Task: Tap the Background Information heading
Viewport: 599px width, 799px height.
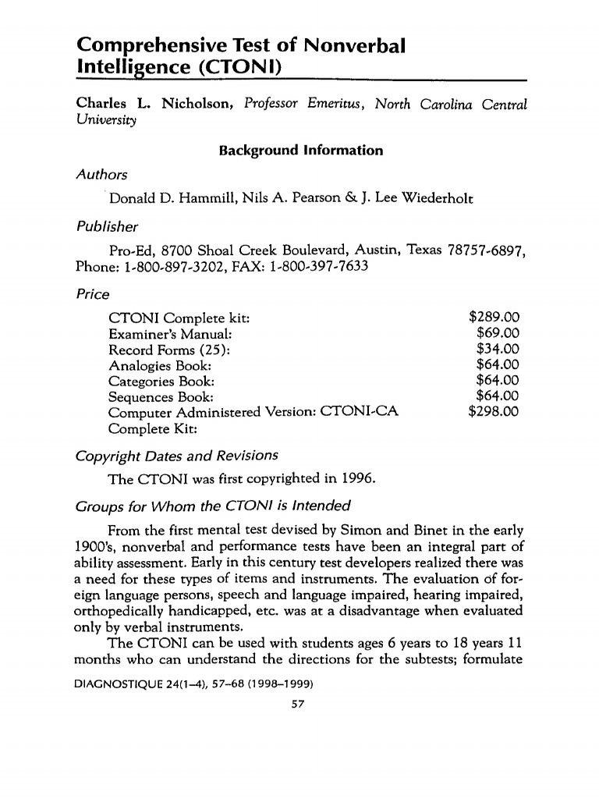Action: pos(300,150)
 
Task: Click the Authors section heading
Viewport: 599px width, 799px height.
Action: pos(101,175)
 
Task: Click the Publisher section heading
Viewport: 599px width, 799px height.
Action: pos(107,227)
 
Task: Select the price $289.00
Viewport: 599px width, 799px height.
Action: pos(493,318)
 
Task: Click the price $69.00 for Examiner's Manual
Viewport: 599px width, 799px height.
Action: pos(497,333)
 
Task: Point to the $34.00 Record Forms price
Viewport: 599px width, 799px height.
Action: pos(497,349)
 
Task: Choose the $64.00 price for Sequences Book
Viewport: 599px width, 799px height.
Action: pos(497,396)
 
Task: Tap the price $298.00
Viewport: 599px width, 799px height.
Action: pos(493,412)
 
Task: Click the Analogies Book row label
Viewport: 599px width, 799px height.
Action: pos(160,365)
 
